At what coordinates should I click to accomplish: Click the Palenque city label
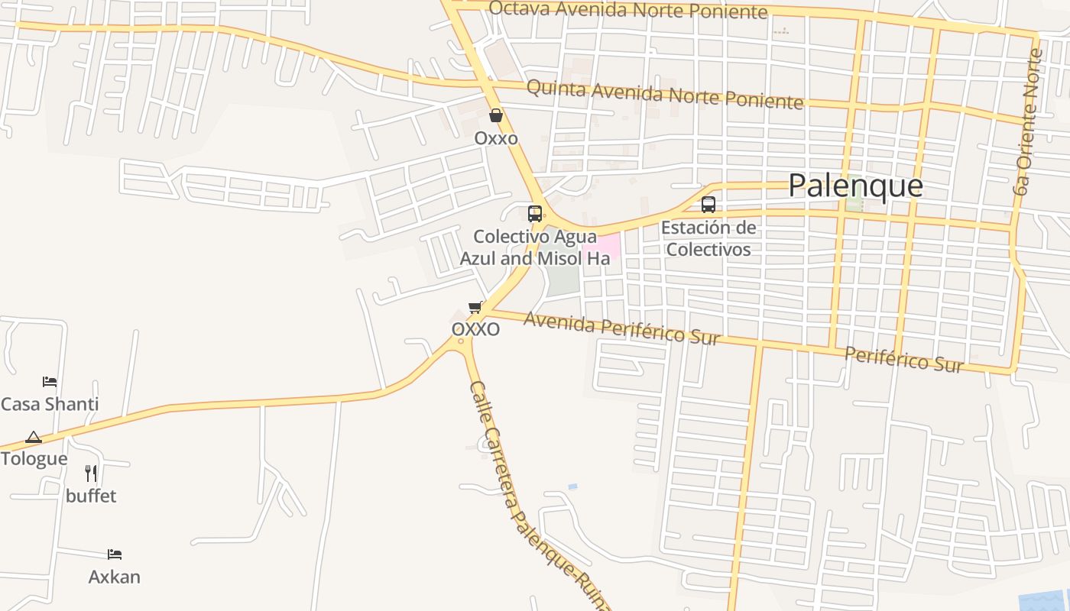(855, 186)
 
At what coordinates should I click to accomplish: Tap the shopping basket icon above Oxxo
(496, 116)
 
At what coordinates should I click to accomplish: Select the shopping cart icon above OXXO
(475, 307)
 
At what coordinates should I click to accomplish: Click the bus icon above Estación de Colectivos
(708, 205)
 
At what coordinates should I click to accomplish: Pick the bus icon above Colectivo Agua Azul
(535, 214)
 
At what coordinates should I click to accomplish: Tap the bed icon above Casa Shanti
(50, 381)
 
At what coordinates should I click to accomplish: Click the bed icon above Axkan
(115, 554)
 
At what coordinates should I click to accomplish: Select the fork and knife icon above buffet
(91, 473)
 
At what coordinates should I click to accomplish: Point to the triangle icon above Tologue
(33, 438)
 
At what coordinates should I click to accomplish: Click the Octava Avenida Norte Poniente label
(627, 10)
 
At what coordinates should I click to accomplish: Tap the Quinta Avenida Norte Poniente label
(665, 95)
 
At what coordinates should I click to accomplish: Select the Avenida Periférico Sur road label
(621, 329)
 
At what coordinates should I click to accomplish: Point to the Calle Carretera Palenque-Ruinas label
(535, 496)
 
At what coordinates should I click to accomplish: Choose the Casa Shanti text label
(50, 404)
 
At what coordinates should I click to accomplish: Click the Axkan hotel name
(115, 577)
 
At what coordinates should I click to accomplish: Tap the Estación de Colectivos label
(708, 238)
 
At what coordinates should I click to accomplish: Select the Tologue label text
(34, 459)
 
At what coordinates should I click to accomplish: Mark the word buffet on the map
(91, 496)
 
